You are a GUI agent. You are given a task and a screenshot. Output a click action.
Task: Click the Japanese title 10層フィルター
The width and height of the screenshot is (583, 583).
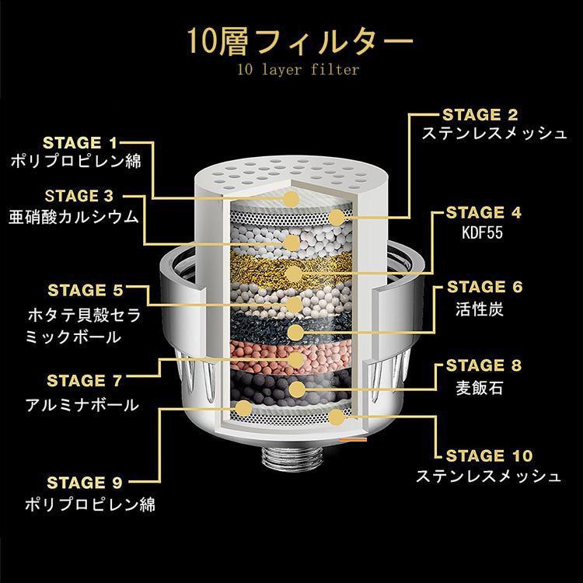(291, 40)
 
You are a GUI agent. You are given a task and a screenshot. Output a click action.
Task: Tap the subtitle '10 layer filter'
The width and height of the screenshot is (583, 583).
(291, 70)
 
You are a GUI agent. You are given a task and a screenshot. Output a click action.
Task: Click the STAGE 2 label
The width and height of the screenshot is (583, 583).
(480, 114)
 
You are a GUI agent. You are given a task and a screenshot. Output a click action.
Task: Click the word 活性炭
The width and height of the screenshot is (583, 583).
(479, 309)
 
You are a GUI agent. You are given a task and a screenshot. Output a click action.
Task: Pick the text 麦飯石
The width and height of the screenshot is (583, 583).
(479, 386)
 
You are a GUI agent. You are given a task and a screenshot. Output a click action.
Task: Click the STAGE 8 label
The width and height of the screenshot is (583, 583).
(483, 365)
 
